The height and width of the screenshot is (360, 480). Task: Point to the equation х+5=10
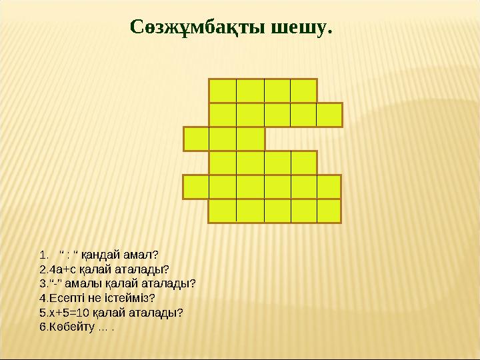click(x=67, y=312)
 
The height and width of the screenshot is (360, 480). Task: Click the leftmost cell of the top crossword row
click(x=222, y=91)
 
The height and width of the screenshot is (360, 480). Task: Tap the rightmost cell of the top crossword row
click(x=303, y=91)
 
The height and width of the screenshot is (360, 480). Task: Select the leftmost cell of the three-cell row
click(x=196, y=139)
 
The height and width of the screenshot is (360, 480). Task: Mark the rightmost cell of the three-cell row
click(x=250, y=139)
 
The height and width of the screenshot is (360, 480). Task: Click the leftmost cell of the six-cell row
click(x=196, y=187)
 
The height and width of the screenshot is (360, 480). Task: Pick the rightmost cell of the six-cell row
click(x=329, y=187)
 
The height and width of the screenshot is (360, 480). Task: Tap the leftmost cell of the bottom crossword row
click(x=222, y=211)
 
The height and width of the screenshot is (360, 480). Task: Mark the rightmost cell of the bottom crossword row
click(x=329, y=211)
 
